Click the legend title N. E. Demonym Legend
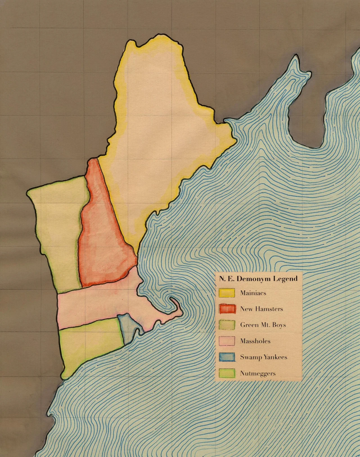pyautogui.click(x=258, y=279)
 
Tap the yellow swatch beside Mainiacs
pyautogui.click(x=227, y=293)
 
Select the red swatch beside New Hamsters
pyautogui.click(x=227, y=309)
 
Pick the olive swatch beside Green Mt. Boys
pyautogui.click(x=227, y=325)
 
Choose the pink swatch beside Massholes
pyautogui.click(x=227, y=341)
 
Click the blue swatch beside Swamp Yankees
pyautogui.click(x=227, y=357)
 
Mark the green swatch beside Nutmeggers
pyautogui.click(x=227, y=373)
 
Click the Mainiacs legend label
pyautogui.click(x=253, y=293)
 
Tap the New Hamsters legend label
pyautogui.click(x=261, y=309)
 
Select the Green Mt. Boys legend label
pyautogui.click(x=263, y=325)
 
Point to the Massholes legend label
pyautogui.click(x=255, y=341)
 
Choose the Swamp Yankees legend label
pyautogui.click(x=264, y=357)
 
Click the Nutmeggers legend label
pyautogui.click(x=258, y=374)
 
